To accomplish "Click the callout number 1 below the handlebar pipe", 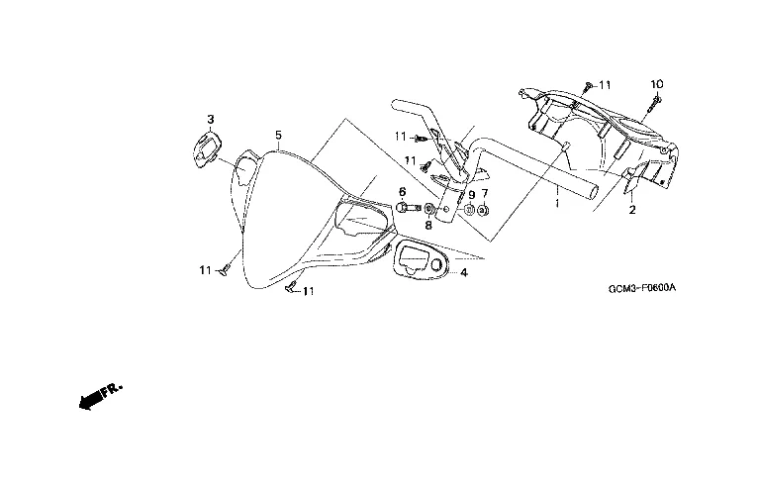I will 557,203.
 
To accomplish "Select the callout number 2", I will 631,210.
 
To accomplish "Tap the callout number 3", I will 210,121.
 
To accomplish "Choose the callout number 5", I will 278,135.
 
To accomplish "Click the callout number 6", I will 403,191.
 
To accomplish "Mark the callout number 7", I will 485,194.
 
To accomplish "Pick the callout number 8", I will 428,225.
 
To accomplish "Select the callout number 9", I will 471,194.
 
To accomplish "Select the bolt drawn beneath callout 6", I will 406,208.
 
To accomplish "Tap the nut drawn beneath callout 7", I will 484,210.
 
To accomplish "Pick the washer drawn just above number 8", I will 428,210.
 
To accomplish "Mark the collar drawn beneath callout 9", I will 468,210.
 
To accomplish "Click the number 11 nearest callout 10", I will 605,85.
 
